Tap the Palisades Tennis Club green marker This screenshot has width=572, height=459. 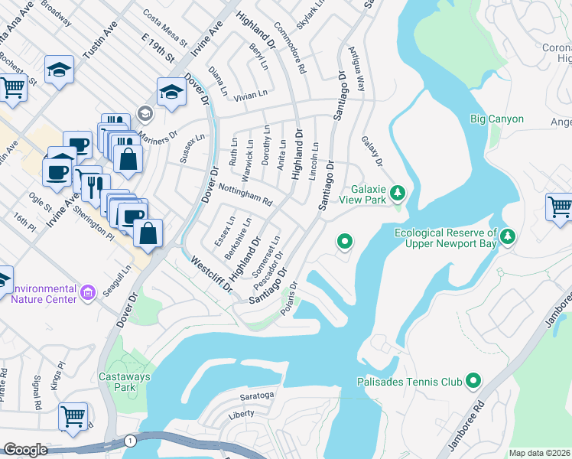point(473,379)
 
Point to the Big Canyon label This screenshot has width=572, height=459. point(497,119)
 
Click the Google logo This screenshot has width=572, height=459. point(25,450)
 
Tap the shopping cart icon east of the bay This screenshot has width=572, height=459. point(559,207)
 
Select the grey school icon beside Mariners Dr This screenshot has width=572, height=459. point(145,114)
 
